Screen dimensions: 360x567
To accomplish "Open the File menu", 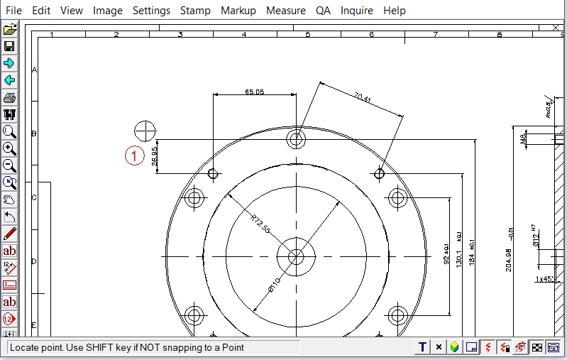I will pos(13,11).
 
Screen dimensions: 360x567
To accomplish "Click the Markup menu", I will pos(238,11).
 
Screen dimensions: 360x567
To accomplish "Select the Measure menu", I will pos(286,11).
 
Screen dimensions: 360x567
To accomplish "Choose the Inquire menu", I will pos(357,11).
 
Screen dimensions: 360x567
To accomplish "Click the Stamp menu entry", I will pos(195,11).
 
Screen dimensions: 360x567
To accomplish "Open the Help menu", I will pos(395,11).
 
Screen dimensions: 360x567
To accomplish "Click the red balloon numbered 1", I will pos(135,155).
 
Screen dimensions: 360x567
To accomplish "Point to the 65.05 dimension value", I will pos(254,92).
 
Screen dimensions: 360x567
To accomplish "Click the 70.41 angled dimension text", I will pos(362,98).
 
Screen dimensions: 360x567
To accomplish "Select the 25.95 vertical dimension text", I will pos(155,157).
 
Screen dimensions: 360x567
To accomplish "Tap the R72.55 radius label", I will pos(260,224).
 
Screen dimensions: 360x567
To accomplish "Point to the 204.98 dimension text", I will pos(507,260).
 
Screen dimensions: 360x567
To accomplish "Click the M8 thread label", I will pos(524,138).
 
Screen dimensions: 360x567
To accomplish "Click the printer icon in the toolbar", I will pos(9,98).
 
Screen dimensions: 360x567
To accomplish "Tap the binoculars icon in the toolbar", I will pos(9,115).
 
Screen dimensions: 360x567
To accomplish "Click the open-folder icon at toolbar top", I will pos(9,29).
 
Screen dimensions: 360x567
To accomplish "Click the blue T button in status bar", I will pos(423,347).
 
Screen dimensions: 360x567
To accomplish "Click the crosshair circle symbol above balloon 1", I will pos(145,131).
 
